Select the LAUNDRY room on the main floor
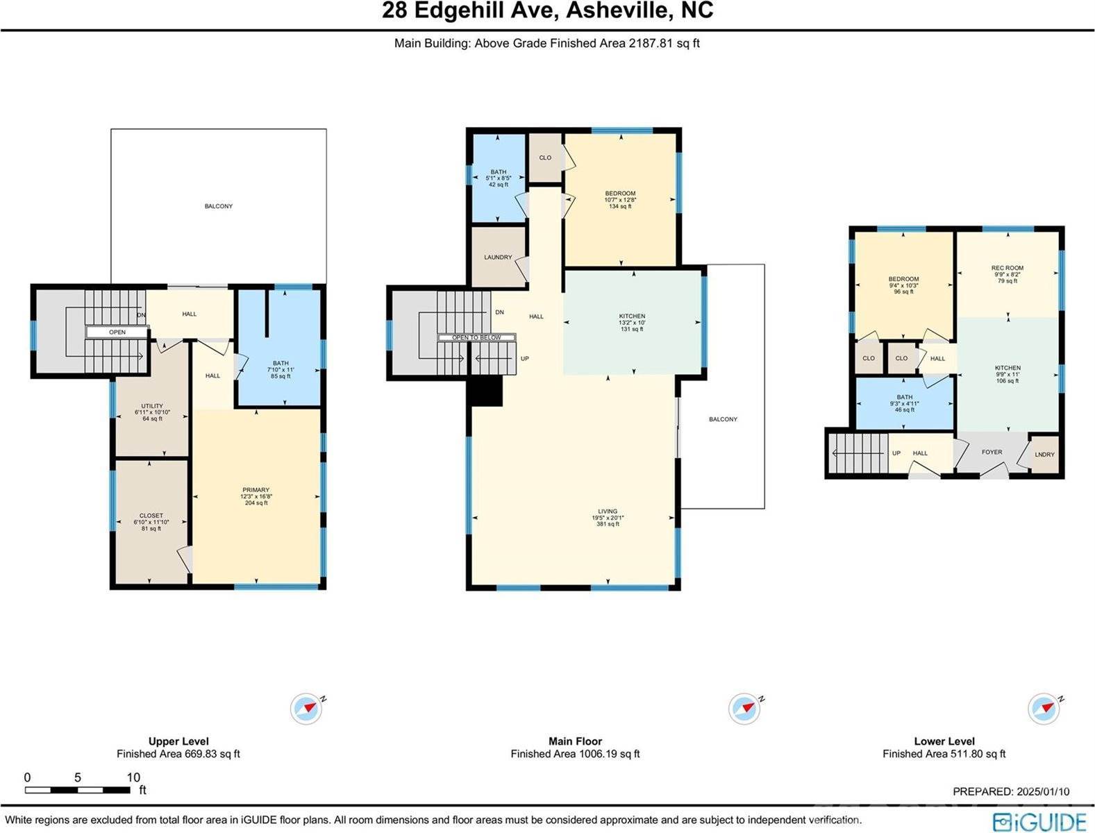pos(498,258)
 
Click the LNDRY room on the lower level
pos(1044,455)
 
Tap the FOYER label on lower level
pos(992,452)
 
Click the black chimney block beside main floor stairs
pos(487,392)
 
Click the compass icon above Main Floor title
pos(744,709)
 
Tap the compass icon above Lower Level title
pos(1044,709)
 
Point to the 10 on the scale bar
pos(133,777)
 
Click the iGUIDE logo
pos(1039,821)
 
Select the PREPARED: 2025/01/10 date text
pos(1011,791)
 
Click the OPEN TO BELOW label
pos(476,337)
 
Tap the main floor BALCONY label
pos(723,419)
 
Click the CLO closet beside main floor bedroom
pos(545,158)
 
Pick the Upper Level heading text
pos(178,741)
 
